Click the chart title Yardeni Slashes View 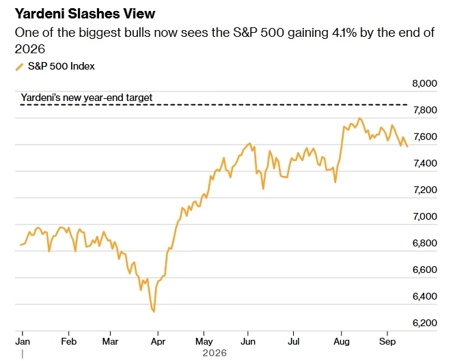85,14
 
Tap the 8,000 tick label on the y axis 424,83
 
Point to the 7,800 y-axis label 425,110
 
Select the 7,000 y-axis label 425,216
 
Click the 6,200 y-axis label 425,323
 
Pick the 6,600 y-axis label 425,270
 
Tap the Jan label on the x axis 23,341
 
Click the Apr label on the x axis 158,341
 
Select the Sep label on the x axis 387,341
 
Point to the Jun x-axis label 248,341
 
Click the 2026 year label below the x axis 214,353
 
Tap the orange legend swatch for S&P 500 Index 19,67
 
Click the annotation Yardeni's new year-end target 87,98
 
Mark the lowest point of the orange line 154,312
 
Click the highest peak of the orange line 359,118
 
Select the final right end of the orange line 407,147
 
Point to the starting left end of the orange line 20,245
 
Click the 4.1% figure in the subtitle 344,33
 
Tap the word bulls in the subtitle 137,33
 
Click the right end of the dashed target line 407,104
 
